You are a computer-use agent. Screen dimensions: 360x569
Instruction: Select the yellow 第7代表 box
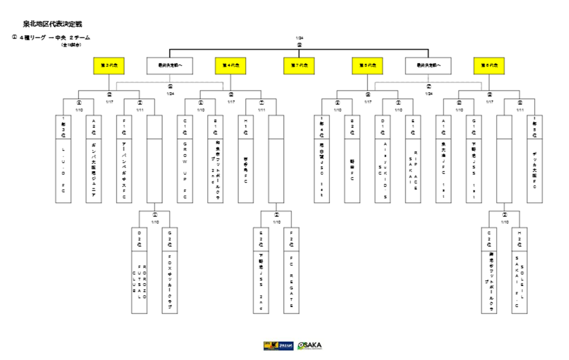click(x=299, y=65)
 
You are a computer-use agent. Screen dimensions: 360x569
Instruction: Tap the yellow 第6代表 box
click(x=489, y=65)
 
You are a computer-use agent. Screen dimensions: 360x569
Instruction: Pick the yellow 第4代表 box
click(x=230, y=65)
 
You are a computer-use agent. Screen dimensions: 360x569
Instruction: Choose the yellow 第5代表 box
click(x=367, y=65)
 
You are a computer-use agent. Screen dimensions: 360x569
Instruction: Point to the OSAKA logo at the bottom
click(x=310, y=346)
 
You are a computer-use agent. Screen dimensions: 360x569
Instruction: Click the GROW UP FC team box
click(x=185, y=171)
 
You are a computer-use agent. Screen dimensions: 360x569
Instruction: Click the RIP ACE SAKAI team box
click(x=413, y=171)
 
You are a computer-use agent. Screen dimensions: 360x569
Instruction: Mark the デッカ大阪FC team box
click(x=535, y=171)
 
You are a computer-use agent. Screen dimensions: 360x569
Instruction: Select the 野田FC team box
click(x=352, y=171)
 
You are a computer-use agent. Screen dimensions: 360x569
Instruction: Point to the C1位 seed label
click(x=185, y=125)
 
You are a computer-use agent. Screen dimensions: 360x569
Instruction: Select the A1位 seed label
click(x=444, y=125)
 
